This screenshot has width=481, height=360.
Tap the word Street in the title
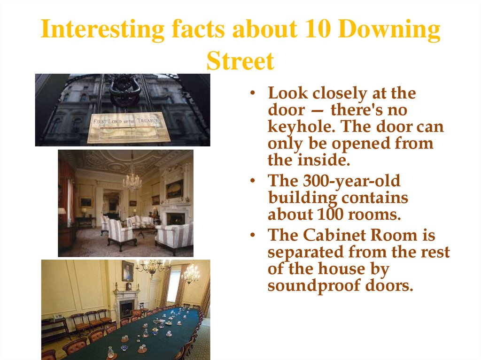click(240, 61)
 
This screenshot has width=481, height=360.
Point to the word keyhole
click(295, 127)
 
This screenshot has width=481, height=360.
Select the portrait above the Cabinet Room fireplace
click(127, 271)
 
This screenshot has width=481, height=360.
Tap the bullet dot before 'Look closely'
click(253, 93)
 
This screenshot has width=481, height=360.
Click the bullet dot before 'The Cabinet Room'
click(253, 235)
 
